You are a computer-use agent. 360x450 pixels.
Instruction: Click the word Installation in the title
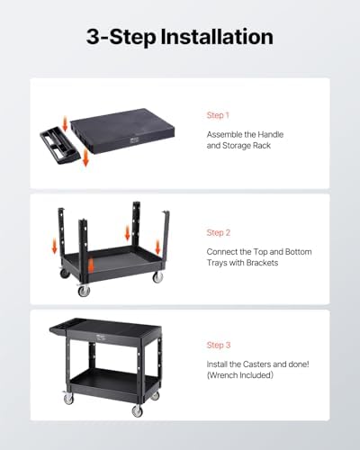pos(217,37)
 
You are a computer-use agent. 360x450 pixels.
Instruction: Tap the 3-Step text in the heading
pos(121,38)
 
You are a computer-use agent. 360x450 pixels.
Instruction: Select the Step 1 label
pos(218,115)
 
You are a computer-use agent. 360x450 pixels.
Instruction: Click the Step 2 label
pos(219,232)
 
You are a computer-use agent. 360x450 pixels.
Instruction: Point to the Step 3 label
pos(219,345)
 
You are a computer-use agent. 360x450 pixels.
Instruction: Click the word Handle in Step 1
pos(271,134)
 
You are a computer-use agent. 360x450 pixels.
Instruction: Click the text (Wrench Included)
pos(240,375)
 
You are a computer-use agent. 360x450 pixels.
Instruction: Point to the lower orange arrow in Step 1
pos(85,157)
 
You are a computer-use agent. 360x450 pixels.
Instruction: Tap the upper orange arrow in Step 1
pos(65,124)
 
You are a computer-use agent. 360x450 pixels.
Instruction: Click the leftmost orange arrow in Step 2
pos(54,246)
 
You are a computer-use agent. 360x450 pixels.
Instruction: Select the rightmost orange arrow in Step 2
pos(157,247)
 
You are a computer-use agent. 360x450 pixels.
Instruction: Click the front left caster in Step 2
pos(84,290)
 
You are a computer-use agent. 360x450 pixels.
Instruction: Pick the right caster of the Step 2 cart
pos(157,276)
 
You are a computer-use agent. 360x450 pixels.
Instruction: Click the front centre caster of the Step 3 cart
pos(138,409)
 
